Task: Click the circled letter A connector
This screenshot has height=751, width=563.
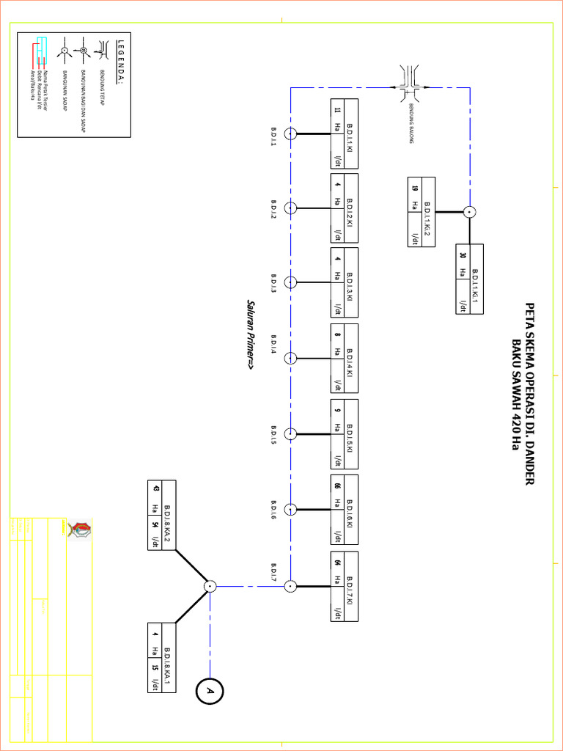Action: pos(210,692)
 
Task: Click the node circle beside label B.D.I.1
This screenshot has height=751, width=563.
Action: pos(291,133)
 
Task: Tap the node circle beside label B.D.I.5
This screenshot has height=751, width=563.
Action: pos(291,433)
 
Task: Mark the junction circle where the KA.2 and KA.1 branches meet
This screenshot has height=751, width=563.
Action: pos(210,586)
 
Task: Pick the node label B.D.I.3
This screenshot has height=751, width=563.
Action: pos(273,284)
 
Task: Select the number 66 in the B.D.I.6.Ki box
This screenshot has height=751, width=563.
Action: pos(337,485)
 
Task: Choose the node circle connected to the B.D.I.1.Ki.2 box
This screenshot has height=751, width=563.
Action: pos(470,212)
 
